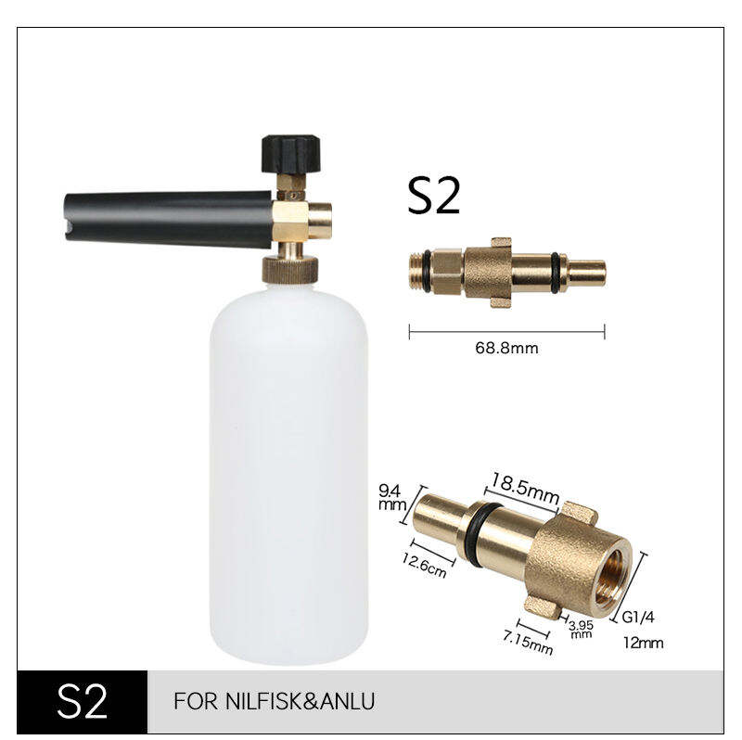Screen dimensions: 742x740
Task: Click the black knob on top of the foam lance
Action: [x=291, y=153]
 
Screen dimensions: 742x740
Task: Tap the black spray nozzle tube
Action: [x=168, y=219]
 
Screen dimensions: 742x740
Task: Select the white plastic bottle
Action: [x=289, y=471]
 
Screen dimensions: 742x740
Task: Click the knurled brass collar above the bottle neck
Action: [x=290, y=269]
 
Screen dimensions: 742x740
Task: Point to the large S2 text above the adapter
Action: [x=433, y=197]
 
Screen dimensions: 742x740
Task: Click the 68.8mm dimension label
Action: [x=506, y=349]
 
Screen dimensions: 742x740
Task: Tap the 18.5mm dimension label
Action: [x=524, y=488]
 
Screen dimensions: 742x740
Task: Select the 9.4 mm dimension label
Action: [x=392, y=498]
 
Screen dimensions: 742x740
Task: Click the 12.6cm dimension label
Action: [x=424, y=566]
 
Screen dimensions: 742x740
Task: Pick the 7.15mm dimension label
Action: [x=528, y=644]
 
